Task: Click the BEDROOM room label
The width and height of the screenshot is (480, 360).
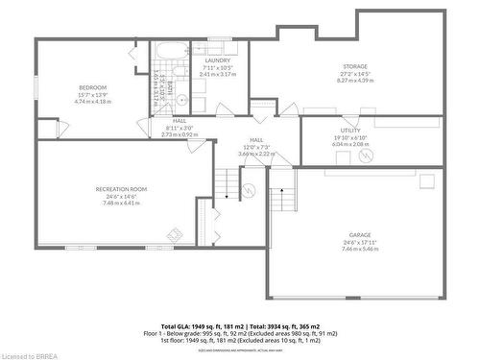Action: click(93, 88)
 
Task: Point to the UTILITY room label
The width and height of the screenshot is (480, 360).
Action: click(349, 130)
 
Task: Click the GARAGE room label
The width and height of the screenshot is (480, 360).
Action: click(360, 234)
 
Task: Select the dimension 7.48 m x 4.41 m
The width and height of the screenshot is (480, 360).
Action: click(120, 204)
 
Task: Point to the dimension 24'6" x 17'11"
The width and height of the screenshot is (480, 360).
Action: click(360, 242)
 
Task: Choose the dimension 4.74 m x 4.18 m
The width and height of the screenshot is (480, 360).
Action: click(93, 101)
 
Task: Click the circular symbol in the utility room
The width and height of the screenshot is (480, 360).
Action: click(373, 155)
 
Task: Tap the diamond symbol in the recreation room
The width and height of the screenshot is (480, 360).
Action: click(175, 232)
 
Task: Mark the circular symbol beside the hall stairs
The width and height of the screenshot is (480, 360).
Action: click(248, 190)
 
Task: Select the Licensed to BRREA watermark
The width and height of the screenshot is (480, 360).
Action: click(30, 353)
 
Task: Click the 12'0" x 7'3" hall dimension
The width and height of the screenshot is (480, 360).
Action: click(256, 147)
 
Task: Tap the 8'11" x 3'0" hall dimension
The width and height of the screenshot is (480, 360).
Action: click(179, 128)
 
